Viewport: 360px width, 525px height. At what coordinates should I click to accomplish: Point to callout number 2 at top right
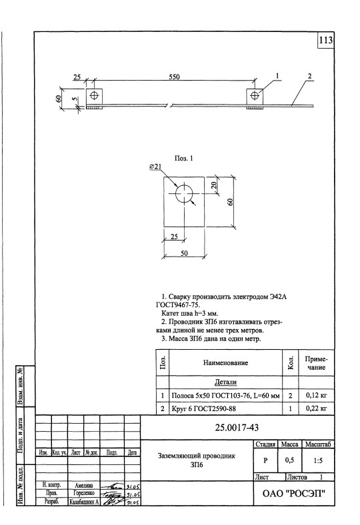(310, 75)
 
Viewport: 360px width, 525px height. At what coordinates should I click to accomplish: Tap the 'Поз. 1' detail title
(185, 158)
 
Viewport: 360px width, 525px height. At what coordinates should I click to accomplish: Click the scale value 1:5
(317, 459)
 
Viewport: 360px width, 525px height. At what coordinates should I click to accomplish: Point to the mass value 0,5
(289, 459)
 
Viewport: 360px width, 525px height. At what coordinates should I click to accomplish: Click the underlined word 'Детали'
(226, 382)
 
